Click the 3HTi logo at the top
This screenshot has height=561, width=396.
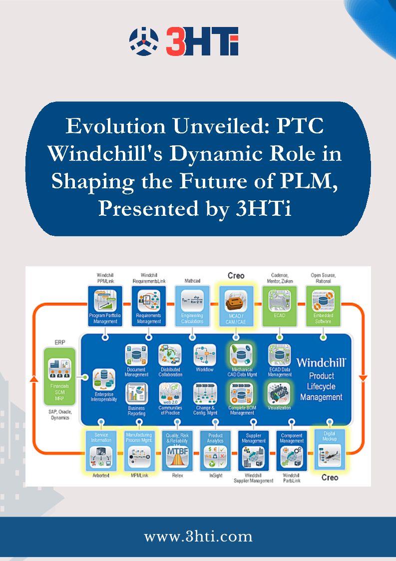click(184, 41)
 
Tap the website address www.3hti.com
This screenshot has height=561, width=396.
click(198, 537)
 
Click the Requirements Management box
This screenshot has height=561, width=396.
click(149, 306)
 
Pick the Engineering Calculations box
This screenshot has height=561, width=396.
click(192, 306)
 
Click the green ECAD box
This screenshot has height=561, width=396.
click(280, 306)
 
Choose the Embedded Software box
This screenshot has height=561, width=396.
click(323, 306)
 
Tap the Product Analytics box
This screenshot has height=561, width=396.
click(215, 450)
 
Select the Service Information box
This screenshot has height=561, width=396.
click(101, 450)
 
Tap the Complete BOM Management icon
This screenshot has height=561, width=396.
click(241, 395)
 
